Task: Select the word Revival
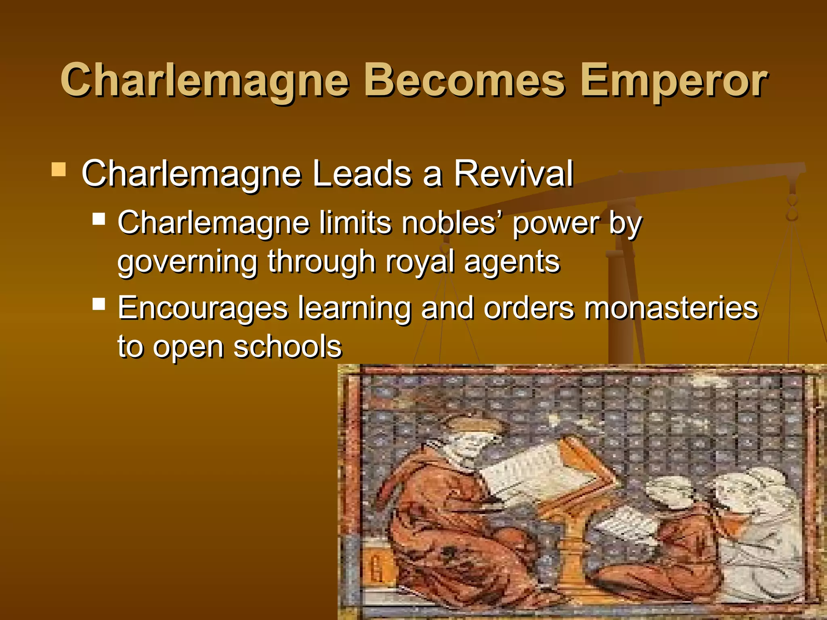point(513,174)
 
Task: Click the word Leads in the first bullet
point(362,174)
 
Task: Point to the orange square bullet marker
point(59,170)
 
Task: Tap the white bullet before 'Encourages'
point(99,304)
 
